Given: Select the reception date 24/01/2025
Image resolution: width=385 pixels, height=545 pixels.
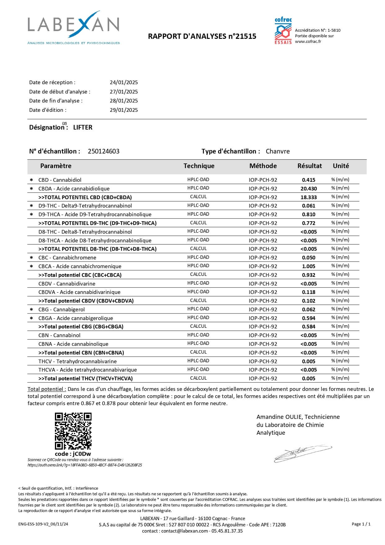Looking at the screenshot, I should (124, 82).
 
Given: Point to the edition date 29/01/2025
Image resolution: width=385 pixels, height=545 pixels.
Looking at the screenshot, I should (124, 110).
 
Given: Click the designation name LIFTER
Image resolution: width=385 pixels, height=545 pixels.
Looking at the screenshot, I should (83, 127).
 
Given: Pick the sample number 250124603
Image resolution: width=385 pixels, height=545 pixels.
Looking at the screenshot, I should (104, 151).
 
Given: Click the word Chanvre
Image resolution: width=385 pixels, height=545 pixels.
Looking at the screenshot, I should (278, 151).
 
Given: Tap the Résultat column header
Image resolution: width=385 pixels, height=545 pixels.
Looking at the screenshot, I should (310, 166).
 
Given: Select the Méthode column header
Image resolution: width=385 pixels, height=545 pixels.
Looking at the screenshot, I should (263, 166).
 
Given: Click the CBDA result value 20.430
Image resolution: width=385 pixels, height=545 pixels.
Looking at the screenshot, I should (309, 189).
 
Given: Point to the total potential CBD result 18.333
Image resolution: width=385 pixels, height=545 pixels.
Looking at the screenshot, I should (309, 197).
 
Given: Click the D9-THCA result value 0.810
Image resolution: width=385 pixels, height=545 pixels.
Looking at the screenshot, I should (309, 214).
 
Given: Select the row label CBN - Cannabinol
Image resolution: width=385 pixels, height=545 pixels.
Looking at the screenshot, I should (59, 335).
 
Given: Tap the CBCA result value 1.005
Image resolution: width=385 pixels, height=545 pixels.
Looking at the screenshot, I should (309, 266).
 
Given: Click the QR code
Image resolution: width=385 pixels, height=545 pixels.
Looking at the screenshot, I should (73, 431).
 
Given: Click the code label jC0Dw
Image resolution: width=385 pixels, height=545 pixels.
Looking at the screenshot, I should (73, 454).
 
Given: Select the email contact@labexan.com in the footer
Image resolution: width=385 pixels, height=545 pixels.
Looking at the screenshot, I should (185, 531).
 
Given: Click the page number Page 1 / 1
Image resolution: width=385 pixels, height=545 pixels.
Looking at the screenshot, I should (361, 524).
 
